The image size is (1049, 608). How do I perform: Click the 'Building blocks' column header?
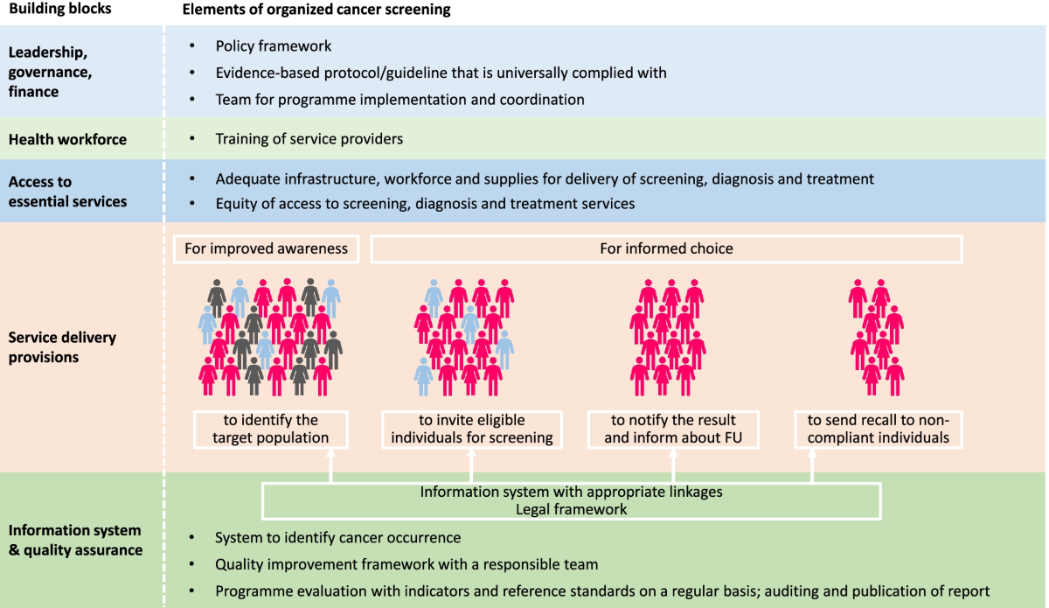59,10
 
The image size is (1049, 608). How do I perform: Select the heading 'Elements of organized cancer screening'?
316,10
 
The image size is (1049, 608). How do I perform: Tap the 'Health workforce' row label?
67,139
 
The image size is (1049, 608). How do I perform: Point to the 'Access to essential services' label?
67,192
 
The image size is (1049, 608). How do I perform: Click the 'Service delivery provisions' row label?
62,347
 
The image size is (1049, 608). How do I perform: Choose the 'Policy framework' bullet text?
274,45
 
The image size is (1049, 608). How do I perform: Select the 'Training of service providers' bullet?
309,139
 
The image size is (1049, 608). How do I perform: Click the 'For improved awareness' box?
266,248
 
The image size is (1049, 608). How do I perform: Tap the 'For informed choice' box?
666,248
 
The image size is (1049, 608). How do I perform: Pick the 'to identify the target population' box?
271,429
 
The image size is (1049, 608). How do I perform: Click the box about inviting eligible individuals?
472,429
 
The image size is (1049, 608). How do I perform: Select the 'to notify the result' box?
673,429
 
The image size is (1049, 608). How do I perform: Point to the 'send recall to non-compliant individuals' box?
878,429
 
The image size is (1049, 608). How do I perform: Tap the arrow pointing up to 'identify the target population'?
330,465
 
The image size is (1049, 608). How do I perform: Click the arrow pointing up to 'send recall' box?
812,465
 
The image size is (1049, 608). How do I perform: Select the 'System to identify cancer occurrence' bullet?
337,537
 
